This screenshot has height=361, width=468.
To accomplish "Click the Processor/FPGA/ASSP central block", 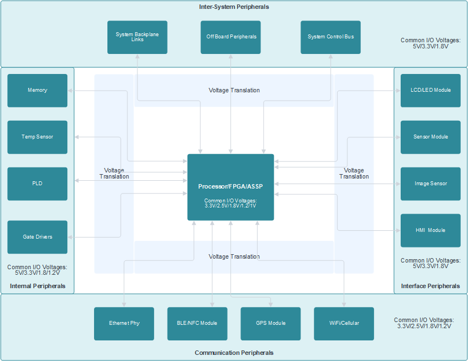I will pyautogui.click(x=230, y=187).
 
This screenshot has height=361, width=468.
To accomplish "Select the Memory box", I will pyautogui.click(x=37, y=90).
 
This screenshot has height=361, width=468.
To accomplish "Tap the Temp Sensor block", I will pyautogui.click(x=37, y=137).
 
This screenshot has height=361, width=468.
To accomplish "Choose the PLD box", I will pyautogui.click(x=37, y=184).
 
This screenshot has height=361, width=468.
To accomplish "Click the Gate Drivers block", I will pyautogui.click(x=37, y=237).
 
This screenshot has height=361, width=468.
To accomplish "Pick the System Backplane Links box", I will pyautogui.click(x=137, y=37).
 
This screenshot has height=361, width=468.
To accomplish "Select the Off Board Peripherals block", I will pyautogui.click(x=230, y=37).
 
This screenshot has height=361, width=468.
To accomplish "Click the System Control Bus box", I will pyautogui.click(x=331, y=37).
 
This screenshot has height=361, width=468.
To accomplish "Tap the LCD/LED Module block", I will pyautogui.click(x=430, y=90).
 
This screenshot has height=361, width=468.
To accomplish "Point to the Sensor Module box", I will pyautogui.click(x=430, y=137).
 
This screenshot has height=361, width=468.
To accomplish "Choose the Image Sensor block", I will pyautogui.click(x=430, y=184).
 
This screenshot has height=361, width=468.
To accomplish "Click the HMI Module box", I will pyautogui.click(x=430, y=230).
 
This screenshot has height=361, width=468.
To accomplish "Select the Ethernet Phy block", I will pyautogui.click(x=124, y=323).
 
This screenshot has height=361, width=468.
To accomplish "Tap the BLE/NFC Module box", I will pyautogui.click(x=197, y=323).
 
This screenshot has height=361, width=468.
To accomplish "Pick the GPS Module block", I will pyautogui.click(x=270, y=323).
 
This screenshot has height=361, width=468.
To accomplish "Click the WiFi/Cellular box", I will pyautogui.click(x=344, y=323).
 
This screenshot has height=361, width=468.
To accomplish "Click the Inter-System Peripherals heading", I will pyautogui.click(x=234, y=7).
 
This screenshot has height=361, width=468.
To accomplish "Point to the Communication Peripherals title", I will pyautogui.click(x=234, y=353).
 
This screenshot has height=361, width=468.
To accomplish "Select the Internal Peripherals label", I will pyautogui.click(x=37, y=286).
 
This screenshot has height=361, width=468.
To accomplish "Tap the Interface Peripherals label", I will pyautogui.click(x=430, y=286).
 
